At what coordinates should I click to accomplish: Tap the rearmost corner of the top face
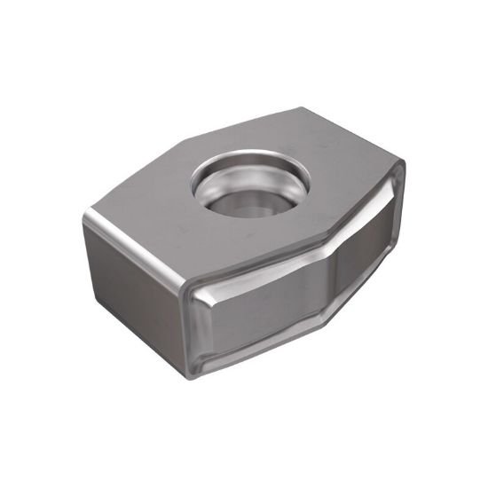point(302,109)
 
